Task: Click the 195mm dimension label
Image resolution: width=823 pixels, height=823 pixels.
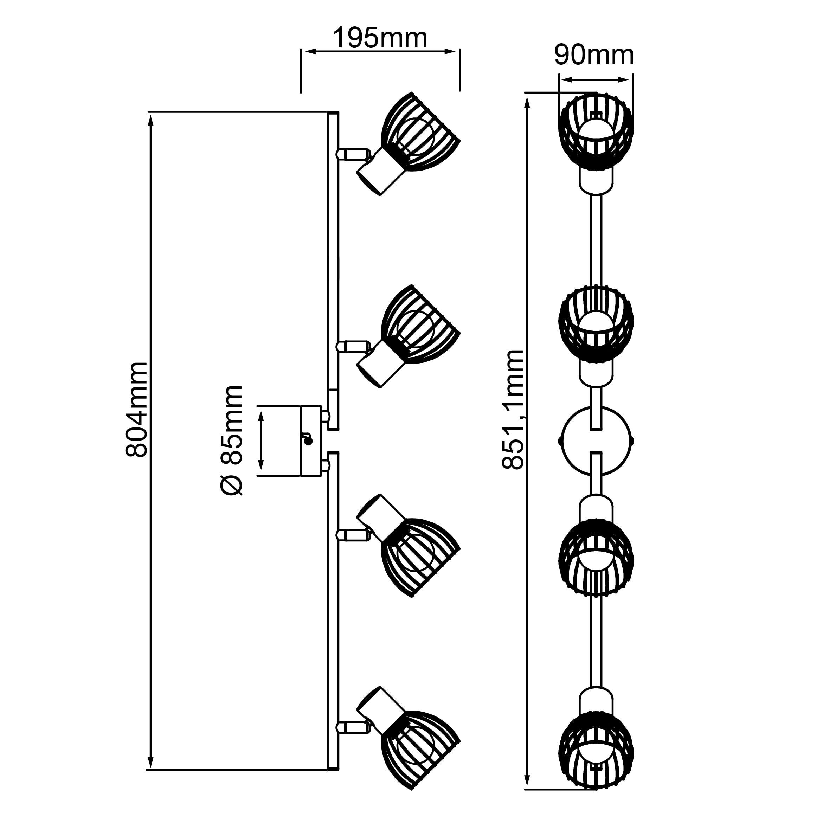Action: click(x=380, y=38)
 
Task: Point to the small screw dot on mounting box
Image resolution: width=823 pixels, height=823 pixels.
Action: click(x=308, y=441)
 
